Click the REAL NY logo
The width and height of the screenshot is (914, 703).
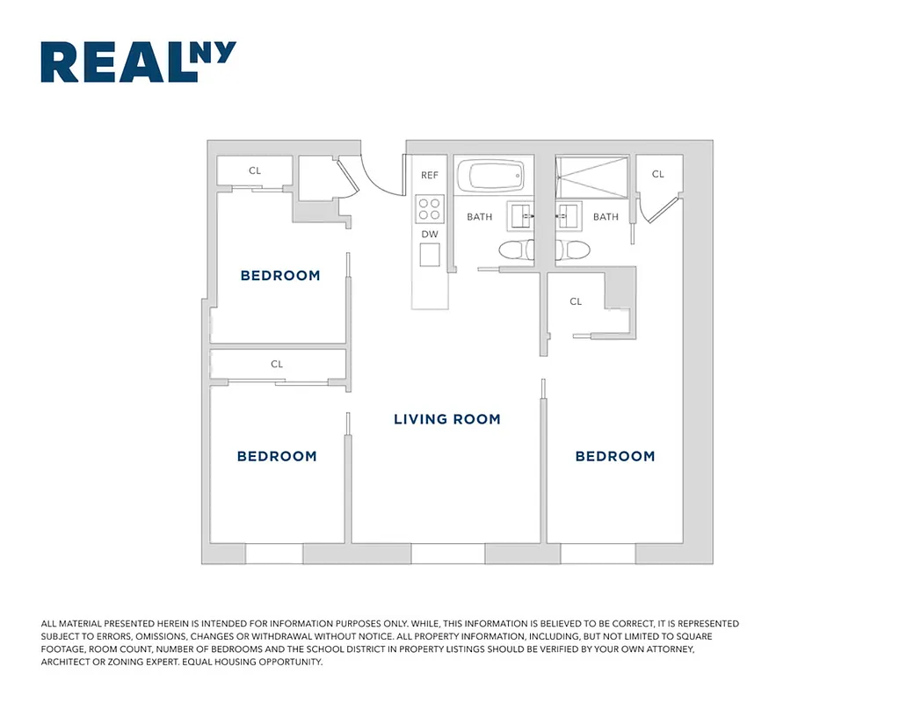tap(138, 62)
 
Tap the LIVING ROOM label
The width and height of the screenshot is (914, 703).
tap(446, 419)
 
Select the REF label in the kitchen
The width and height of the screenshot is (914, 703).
tap(429, 175)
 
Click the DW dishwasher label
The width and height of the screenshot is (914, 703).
tap(429, 234)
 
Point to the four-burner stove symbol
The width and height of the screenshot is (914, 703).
tap(429, 209)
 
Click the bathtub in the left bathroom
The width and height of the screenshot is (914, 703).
tap(497, 175)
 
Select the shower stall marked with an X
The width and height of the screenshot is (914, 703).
tap(594, 177)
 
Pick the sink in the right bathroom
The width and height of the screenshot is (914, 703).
tap(569, 214)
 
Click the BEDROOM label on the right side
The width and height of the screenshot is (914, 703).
tap(615, 456)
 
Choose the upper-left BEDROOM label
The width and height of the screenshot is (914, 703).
tap(280, 275)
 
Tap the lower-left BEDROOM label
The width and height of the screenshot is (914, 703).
tap(277, 456)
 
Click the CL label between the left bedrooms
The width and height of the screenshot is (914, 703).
tap(277, 364)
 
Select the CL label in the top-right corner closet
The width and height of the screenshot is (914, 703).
tap(658, 174)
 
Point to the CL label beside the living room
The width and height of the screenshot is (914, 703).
tap(576, 301)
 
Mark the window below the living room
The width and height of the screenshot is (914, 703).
tap(447, 554)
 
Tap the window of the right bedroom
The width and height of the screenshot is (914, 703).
tap(598, 554)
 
